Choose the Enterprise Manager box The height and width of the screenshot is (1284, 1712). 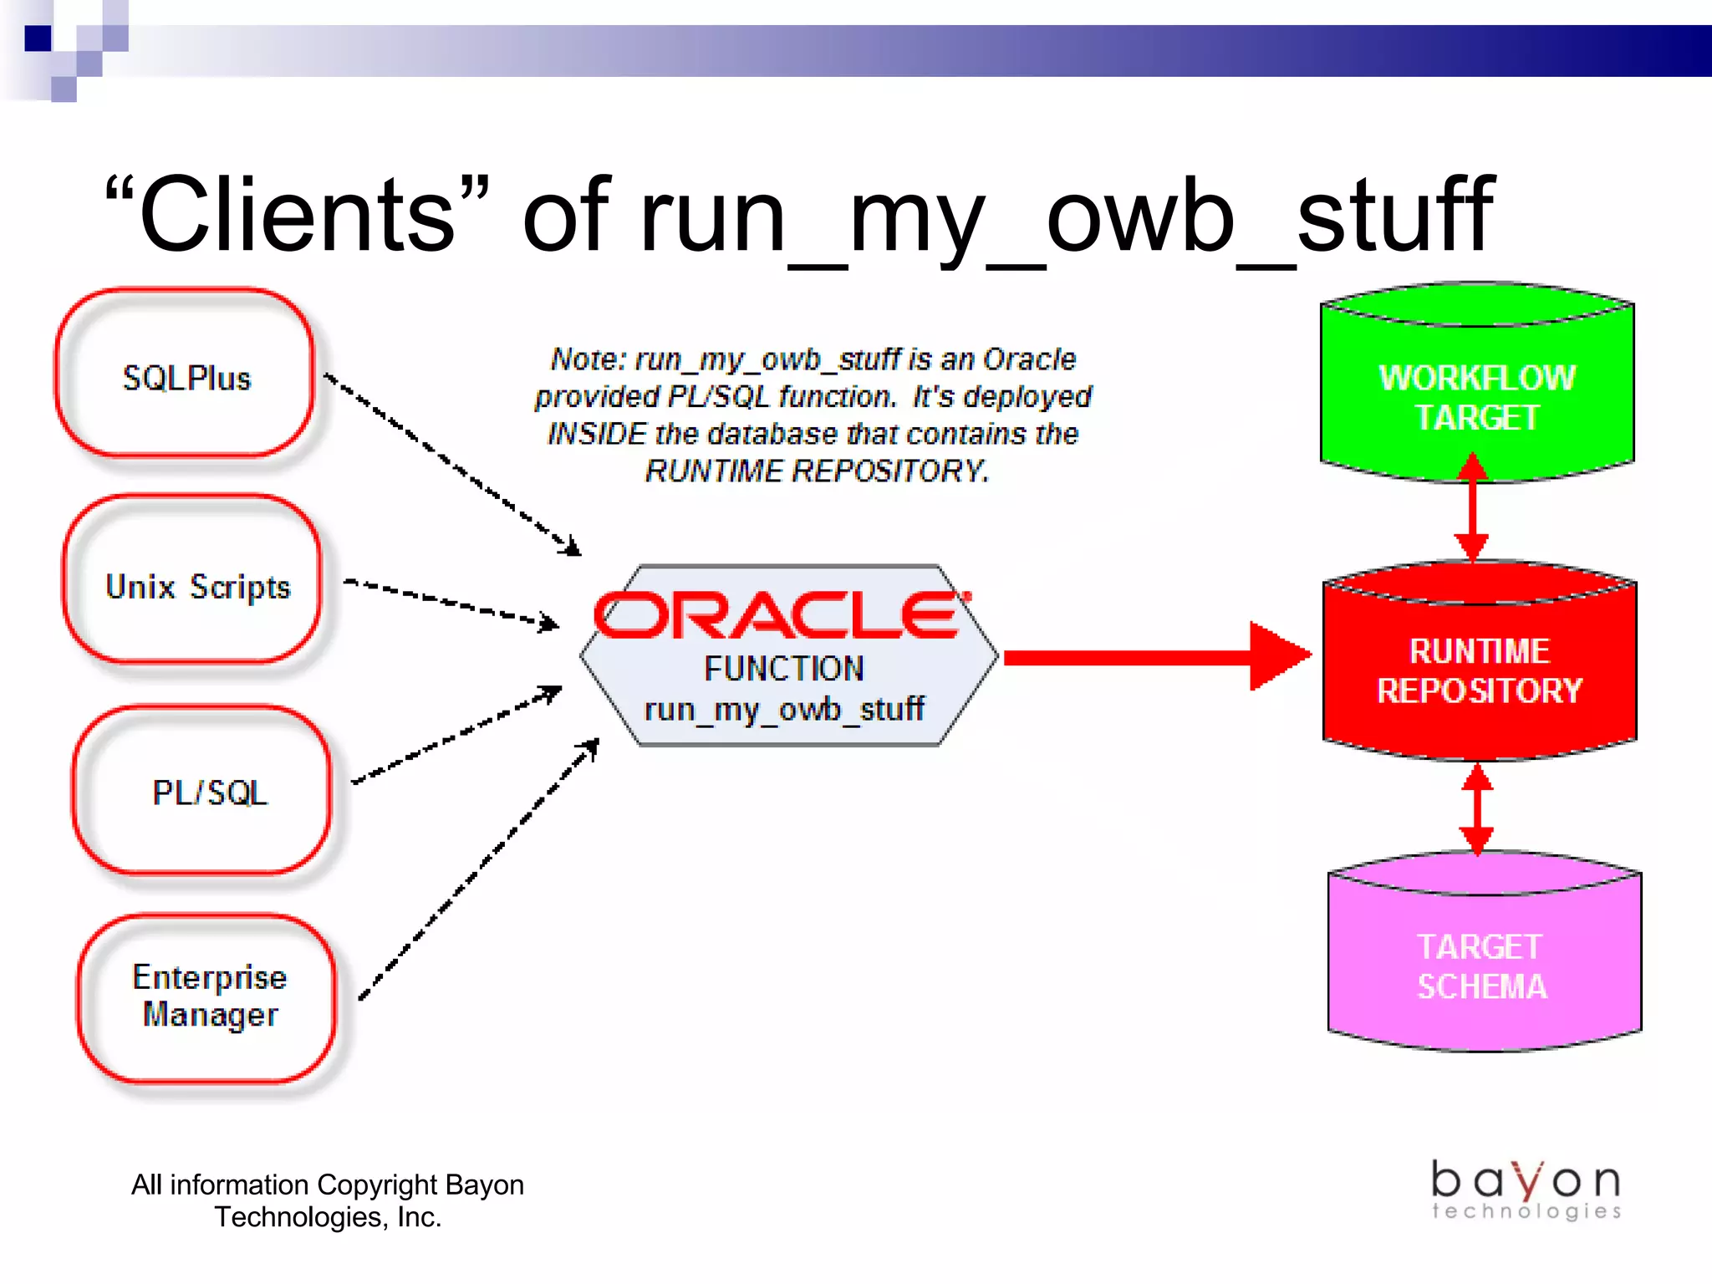click(x=209, y=996)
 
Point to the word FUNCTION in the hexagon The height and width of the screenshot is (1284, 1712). click(x=783, y=668)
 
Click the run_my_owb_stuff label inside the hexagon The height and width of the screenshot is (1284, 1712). click(x=783, y=709)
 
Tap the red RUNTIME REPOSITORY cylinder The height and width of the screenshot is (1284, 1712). click(x=1479, y=669)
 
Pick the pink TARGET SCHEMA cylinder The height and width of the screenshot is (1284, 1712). click(x=1482, y=966)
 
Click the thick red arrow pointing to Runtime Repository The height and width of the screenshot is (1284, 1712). click(x=1154, y=656)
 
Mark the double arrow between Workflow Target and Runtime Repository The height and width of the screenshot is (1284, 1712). click(x=1472, y=507)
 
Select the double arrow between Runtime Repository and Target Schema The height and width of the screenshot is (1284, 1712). click(x=1477, y=809)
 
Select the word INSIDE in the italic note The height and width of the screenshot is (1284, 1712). click(x=597, y=434)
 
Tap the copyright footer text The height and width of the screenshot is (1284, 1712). click(x=328, y=1200)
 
